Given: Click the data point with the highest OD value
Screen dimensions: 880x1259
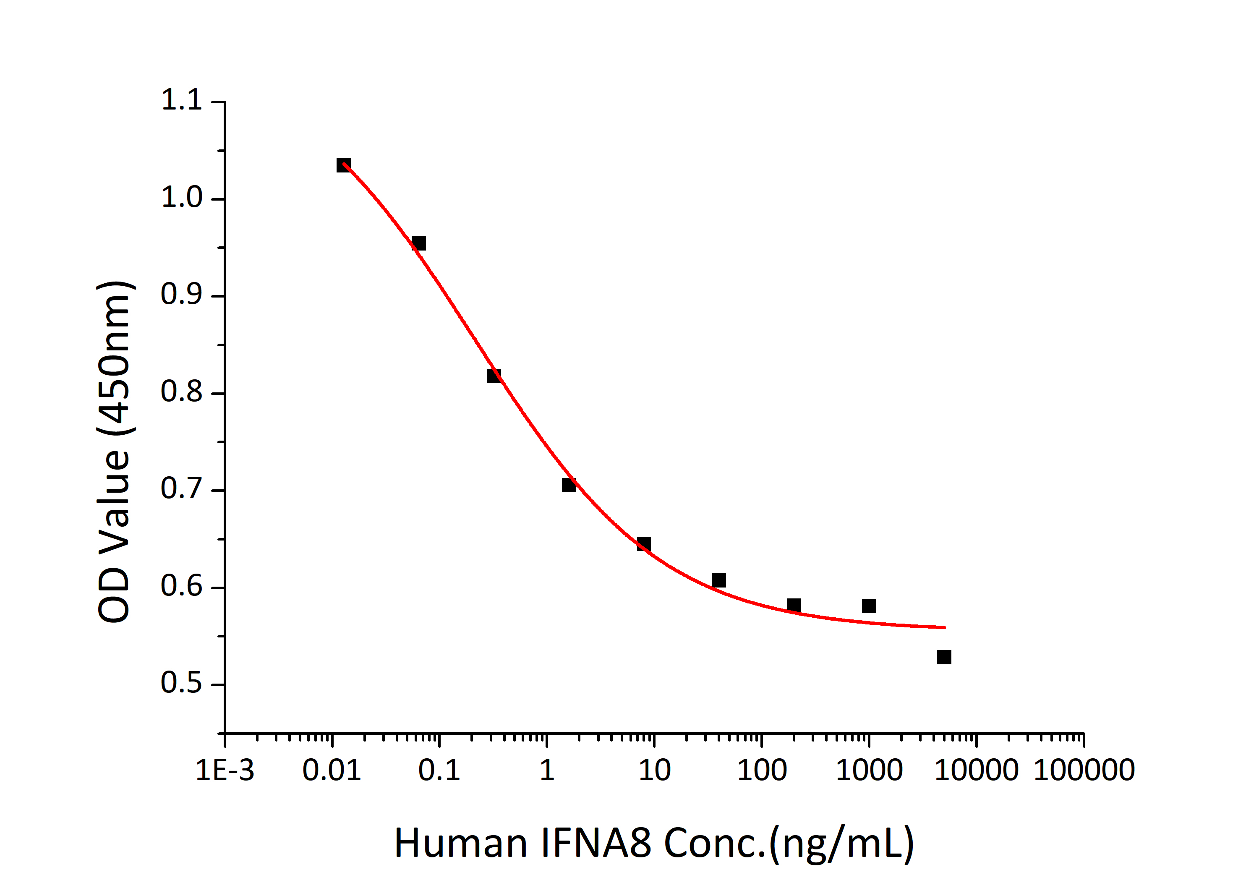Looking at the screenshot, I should click(343, 165).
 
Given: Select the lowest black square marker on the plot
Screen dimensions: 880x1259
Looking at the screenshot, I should click(944, 657).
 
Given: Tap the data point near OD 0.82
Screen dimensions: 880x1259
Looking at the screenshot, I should click(494, 376).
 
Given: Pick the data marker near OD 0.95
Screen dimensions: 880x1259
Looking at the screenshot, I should click(418, 243).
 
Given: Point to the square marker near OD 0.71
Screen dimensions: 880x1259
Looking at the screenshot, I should click(569, 485).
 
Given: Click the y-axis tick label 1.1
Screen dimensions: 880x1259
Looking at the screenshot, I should click(181, 100).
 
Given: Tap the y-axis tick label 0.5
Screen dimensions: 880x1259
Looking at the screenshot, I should click(181, 683).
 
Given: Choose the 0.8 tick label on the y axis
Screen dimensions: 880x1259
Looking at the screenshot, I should click(181, 392).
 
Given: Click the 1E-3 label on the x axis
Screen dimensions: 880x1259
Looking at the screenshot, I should click(225, 770).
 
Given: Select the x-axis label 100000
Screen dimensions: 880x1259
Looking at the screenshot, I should click(1084, 770).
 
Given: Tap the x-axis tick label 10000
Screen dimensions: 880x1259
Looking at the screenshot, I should click(976, 770).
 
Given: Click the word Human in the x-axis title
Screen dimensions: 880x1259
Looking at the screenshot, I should click(461, 843).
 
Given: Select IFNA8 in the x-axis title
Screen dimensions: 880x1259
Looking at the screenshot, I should click(596, 843).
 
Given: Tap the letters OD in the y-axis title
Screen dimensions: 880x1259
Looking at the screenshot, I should click(114, 595).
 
